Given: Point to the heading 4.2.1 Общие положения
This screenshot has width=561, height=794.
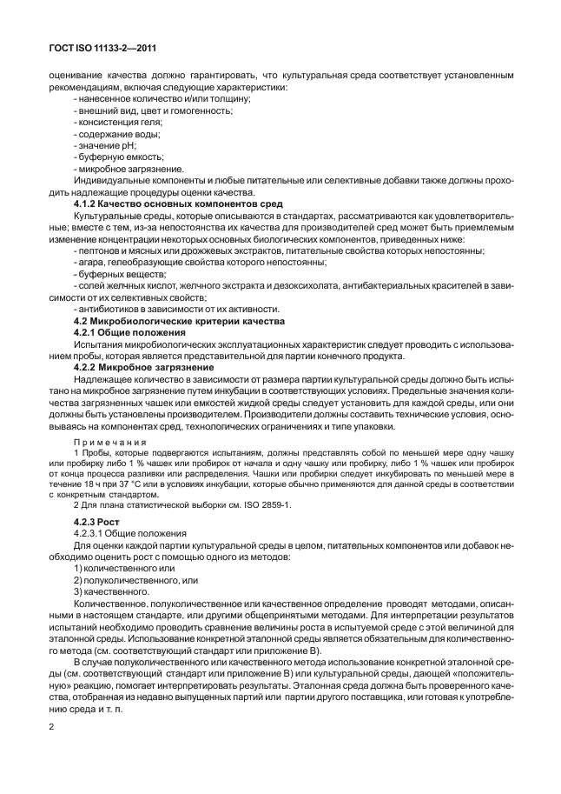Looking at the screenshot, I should pos(129,333).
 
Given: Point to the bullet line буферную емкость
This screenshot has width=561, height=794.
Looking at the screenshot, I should pos(114,157).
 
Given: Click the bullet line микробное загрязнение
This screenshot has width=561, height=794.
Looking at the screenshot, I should pos(119,169).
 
